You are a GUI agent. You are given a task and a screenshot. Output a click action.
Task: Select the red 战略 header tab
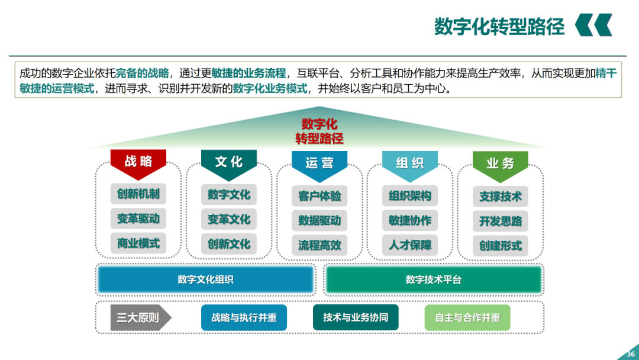pyautogui.click(x=138, y=161)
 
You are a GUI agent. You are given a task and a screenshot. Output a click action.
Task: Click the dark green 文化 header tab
pyautogui.click(x=229, y=161)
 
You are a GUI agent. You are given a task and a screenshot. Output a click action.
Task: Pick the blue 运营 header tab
pyautogui.click(x=319, y=162)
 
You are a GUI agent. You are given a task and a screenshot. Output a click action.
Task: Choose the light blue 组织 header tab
pyautogui.click(x=410, y=162)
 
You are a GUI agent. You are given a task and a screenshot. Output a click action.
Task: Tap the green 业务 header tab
pyautogui.click(x=500, y=163)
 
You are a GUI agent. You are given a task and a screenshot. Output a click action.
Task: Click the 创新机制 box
pyautogui.click(x=138, y=194)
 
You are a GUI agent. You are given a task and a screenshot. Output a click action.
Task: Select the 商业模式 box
pyautogui.click(x=138, y=243)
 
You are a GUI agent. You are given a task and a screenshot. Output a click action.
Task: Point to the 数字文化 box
pyautogui.click(x=229, y=194)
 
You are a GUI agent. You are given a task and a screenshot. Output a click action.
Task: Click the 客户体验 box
pyautogui.click(x=319, y=196)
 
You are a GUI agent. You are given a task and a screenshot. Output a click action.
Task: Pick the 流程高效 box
pyautogui.click(x=319, y=245)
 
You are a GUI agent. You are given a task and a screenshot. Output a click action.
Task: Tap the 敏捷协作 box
pyautogui.click(x=410, y=220)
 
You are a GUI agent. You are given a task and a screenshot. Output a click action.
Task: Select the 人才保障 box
pyautogui.click(x=410, y=245)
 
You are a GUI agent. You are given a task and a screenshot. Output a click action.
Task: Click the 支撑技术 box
pyautogui.click(x=501, y=197)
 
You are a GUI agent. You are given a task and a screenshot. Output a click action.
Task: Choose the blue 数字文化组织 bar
pyautogui.click(x=205, y=279)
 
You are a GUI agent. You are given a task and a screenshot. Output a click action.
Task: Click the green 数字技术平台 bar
pyautogui.click(x=433, y=279)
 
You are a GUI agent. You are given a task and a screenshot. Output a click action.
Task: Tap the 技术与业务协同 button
pyautogui.click(x=356, y=317)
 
